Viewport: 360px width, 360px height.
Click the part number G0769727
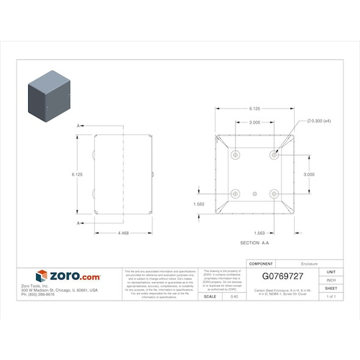[283, 276]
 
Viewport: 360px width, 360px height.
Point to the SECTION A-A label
[254, 243]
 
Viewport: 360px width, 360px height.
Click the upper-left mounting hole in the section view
[237, 155]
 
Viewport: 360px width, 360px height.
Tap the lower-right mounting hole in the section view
[274, 193]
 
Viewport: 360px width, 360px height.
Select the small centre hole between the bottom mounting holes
[255, 193]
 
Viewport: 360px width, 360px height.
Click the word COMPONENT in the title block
[257, 264]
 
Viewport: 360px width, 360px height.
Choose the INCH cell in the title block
[331, 280]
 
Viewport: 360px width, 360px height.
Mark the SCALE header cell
[209, 297]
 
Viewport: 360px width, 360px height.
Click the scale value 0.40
[234, 297]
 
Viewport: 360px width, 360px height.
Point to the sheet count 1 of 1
[331, 297]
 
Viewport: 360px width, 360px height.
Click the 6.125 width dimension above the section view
[254, 109]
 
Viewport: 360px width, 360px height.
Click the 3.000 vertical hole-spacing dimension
[309, 175]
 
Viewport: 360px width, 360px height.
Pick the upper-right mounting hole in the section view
[274, 155]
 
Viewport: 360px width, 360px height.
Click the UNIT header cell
[331, 272]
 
